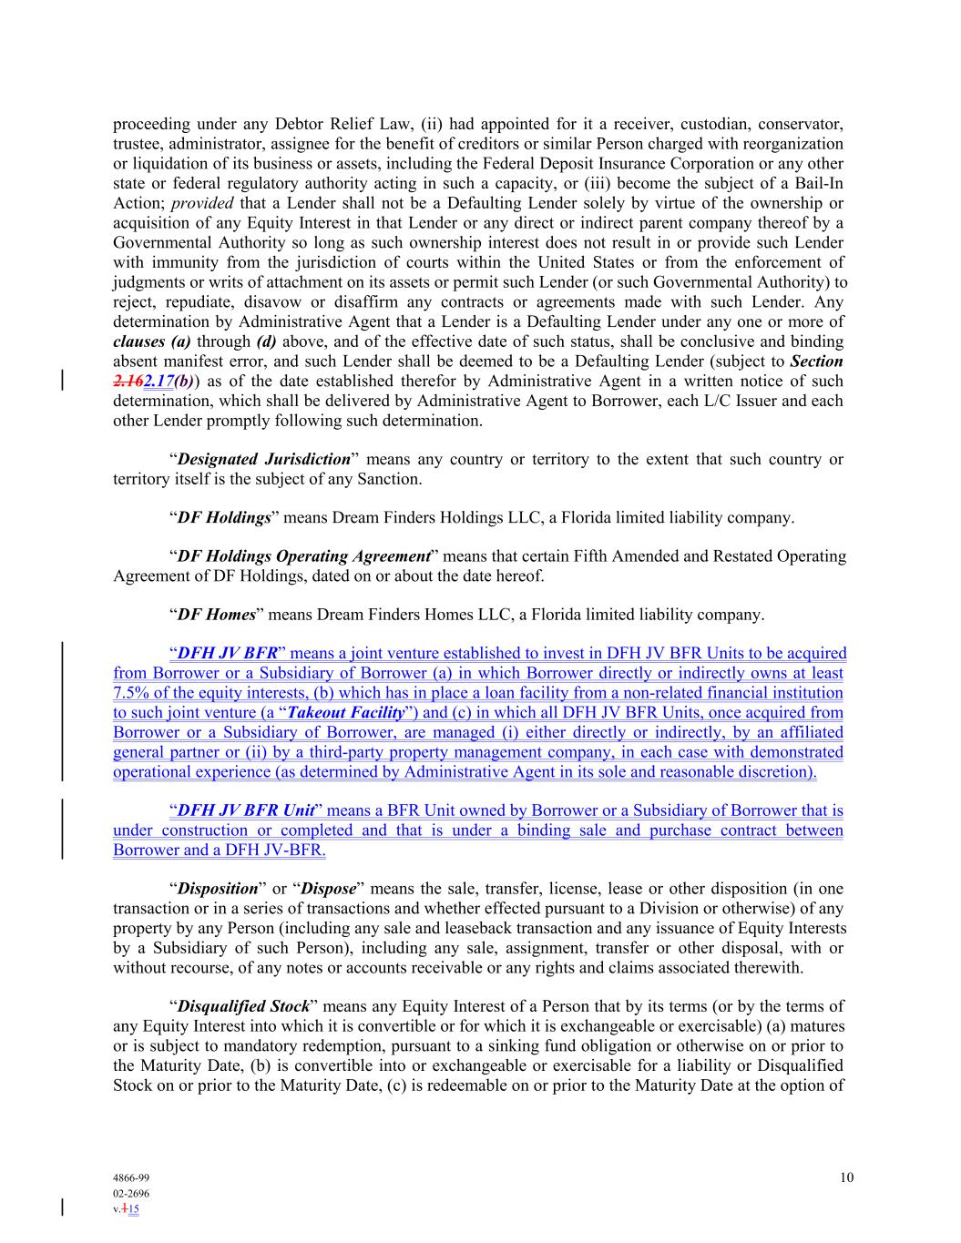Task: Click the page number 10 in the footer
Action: (x=847, y=1177)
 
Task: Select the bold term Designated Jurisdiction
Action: (x=263, y=459)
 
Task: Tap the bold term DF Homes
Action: (x=216, y=615)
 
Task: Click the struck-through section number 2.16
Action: (x=128, y=382)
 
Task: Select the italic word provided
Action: (x=202, y=203)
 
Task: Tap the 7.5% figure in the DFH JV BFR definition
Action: (x=132, y=693)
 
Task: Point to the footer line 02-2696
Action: (x=131, y=1193)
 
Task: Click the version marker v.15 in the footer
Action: (x=127, y=1209)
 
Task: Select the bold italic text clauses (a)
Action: (x=152, y=341)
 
